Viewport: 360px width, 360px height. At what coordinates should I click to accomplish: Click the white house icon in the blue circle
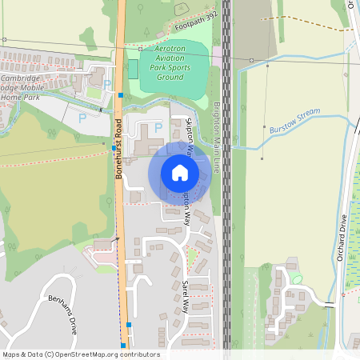tap(180, 172)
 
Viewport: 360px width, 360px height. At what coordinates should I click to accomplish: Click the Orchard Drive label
tap(341, 238)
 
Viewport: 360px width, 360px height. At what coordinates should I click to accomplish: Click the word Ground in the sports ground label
tap(172, 78)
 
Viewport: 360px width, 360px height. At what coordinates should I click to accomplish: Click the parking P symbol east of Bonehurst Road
tap(158, 126)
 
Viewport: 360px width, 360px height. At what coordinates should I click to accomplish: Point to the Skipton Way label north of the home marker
tap(190, 138)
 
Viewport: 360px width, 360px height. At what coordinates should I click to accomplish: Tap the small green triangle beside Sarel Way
tap(192, 255)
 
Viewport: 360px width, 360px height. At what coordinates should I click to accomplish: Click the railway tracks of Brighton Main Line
tap(226, 200)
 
